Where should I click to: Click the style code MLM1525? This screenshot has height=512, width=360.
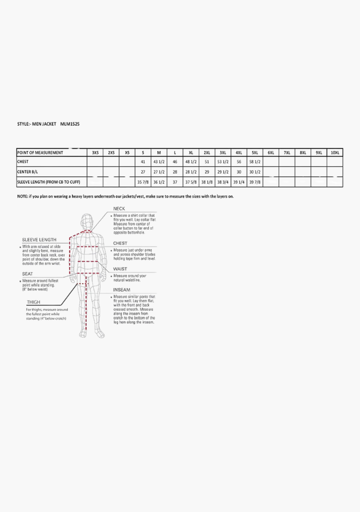[x=70, y=124]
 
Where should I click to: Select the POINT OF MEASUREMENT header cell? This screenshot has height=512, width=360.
[x=40, y=153]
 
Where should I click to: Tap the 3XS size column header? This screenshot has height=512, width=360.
[x=96, y=153]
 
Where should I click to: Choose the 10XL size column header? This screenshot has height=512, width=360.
[x=335, y=153]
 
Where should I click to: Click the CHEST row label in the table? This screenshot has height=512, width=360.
[x=23, y=162]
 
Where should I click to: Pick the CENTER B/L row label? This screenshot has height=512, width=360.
[x=27, y=172]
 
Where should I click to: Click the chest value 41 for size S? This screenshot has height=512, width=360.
[x=143, y=162]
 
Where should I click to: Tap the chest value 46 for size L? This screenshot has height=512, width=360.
[x=175, y=162]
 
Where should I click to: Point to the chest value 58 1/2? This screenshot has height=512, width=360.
[x=255, y=162]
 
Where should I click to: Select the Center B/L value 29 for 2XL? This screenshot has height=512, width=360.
[x=207, y=172]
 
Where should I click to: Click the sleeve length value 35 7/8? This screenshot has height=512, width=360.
[x=143, y=182]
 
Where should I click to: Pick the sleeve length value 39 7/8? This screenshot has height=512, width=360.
[x=255, y=182]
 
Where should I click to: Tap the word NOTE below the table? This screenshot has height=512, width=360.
[x=23, y=196]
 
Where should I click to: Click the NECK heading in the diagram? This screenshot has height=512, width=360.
[x=119, y=209]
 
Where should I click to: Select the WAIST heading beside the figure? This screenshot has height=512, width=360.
[x=120, y=269]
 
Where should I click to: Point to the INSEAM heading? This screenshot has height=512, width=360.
[x=122, y=290]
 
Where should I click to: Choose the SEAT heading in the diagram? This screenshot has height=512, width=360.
[x=28, y=274]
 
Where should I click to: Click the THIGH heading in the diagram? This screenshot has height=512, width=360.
[x=34, y=303]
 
